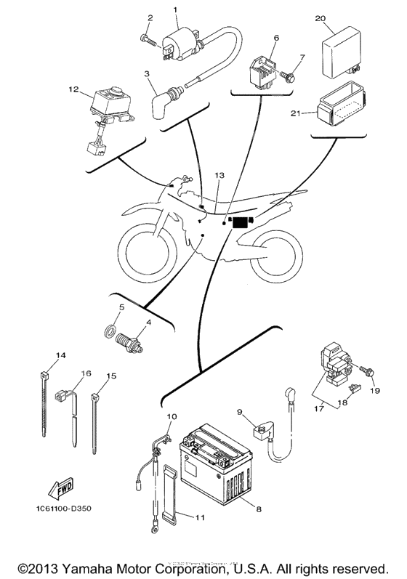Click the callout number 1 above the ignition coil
click(175, 9)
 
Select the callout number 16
click(86, 373)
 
